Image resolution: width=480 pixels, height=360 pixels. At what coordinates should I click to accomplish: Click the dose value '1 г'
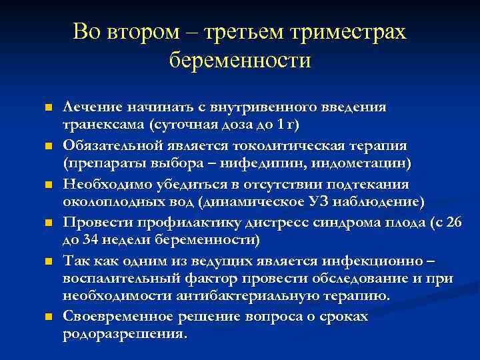pos(288,125)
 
